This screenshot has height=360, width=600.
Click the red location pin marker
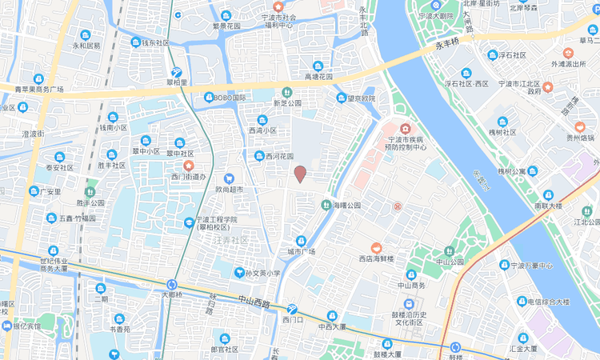pos(300,174)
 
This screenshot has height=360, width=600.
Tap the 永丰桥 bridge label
pos(447,41)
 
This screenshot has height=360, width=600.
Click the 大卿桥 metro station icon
pos(172,284)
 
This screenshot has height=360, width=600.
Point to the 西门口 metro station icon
pos(292,309)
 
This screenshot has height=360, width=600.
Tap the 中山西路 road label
pos(254,302)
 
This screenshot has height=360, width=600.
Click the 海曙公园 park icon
pos(326,206)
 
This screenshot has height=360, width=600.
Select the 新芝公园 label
pos(287,103)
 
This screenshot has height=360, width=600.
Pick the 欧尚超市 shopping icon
pos(229,178)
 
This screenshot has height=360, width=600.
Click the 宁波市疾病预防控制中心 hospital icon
pos(406,128)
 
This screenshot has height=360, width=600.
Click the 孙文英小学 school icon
pos(238,274)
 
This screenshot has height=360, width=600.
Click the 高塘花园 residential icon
pos(318,66)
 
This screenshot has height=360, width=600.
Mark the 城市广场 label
pos(302,252)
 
